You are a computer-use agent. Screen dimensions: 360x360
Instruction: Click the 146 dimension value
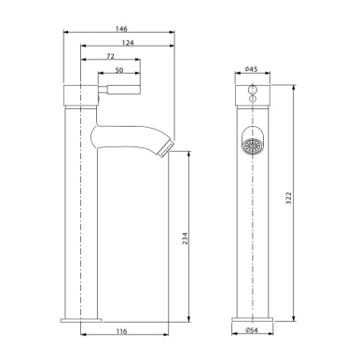(x=120, y=29)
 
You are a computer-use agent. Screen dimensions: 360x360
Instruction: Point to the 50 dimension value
(x=120, y=71)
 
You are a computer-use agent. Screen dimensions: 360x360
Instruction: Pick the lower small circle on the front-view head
(x=251, y=98)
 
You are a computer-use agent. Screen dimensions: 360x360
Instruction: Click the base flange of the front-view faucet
(x=251, y=320)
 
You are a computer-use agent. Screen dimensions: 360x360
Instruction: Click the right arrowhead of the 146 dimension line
(x=174, y=35)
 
